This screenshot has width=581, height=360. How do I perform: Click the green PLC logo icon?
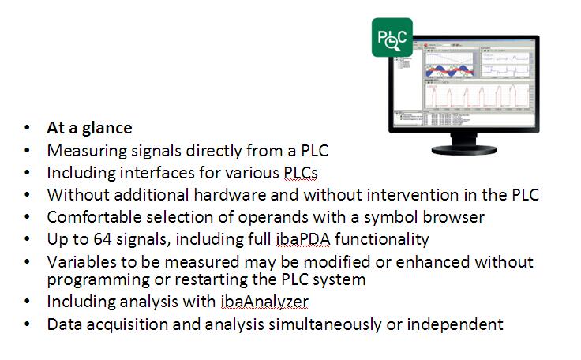point(392,37)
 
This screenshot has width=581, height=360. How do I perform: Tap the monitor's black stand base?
point(464,150)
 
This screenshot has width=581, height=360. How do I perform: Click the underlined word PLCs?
point(301,173)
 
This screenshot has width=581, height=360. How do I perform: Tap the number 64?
point(103,239)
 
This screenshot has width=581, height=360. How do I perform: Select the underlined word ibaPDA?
point(302,239)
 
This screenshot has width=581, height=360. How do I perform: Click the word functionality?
point(381,239)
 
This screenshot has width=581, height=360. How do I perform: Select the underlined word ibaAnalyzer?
point(264,302)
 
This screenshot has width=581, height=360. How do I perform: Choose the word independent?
point(455,324)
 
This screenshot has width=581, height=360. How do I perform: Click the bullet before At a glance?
point(27,128)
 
